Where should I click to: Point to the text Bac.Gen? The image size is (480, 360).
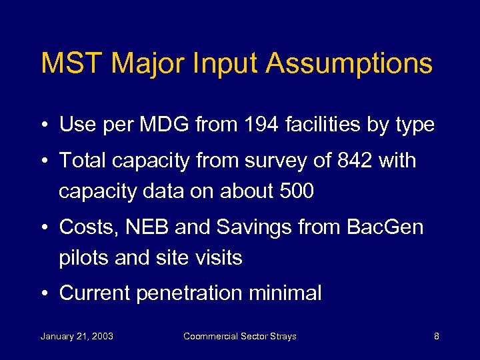click(385, 227)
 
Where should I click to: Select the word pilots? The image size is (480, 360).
click(84, 257)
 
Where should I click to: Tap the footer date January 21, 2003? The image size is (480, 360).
click(77, 336)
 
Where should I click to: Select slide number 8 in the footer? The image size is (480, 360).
click(436, 336)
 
